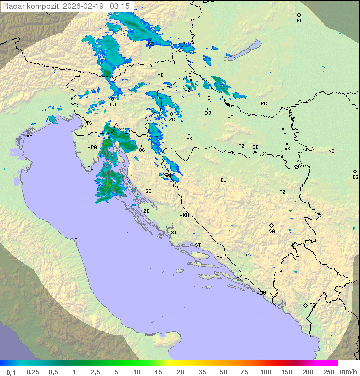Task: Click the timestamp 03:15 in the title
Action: pos(120,6)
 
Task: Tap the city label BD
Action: pos(299,21)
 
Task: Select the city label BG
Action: pos(355,177)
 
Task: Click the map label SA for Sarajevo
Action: pos(272,231)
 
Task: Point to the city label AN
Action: pos(77,240)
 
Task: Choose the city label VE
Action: pos(29,136)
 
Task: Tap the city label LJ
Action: pos(113,104)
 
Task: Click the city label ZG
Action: pos(172,120)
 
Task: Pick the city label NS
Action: pos(331,151)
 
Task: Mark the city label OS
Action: pos(283,134)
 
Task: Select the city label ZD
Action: pos(146,211)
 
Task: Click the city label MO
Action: pos(251,255)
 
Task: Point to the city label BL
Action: pos(223,180)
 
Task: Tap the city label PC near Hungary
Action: pos(264,104)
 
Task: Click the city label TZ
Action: pos(282,192)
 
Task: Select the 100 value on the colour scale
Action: pos(265,372)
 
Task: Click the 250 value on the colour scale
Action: pos(328,372)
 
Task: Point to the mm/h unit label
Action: pos(348,372)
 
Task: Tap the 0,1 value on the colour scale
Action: pos(11,372)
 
